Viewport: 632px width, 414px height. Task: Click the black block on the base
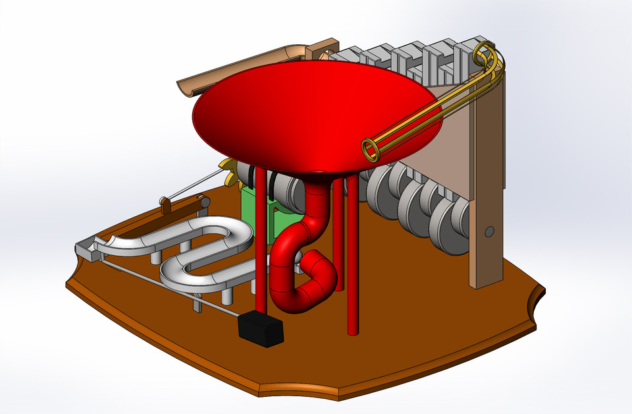pos(261,328)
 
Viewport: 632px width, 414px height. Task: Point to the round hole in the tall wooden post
pos(488,231)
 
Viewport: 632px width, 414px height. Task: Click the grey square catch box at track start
pos(86,249)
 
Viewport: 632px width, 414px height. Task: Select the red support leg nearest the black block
pos(261,264)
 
